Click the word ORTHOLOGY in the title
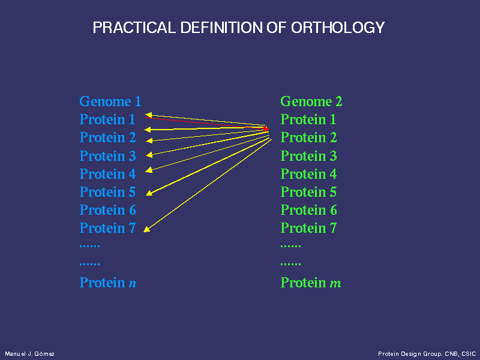pos(338,28)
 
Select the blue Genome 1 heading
pos(110,101)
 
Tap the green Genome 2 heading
pos(311,101)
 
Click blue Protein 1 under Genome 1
pos(107,119)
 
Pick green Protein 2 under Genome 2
pos(308,137)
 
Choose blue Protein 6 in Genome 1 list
pos(107,210)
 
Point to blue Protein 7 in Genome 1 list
pos(107,228)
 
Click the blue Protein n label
pos(108,283)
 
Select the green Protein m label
pos(311,283)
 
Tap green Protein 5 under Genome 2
pos(308,192)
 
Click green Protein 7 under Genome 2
pos(308,228)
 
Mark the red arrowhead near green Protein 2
pos(266,129)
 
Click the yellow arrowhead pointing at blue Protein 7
pos(147,229)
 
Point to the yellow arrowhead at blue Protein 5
pos(149,193)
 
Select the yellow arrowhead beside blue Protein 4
pos(149,170)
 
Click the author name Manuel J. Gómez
pos(29,354)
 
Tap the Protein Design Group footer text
pos(427,354)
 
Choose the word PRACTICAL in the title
pos(134,28)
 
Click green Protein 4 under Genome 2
pos(308,174)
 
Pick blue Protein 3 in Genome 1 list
pos(107,156)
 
